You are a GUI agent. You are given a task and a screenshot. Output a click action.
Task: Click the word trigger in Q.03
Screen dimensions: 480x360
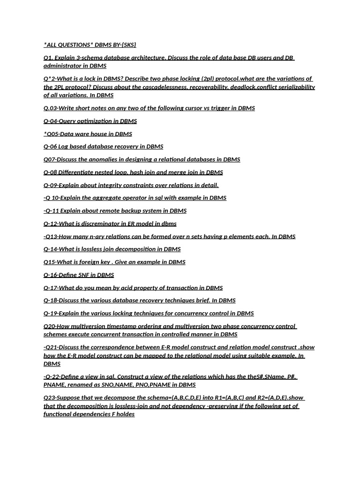212,108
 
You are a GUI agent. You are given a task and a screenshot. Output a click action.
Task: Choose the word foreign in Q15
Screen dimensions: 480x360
82,262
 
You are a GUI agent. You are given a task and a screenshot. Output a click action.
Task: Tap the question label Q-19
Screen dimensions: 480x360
51,314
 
